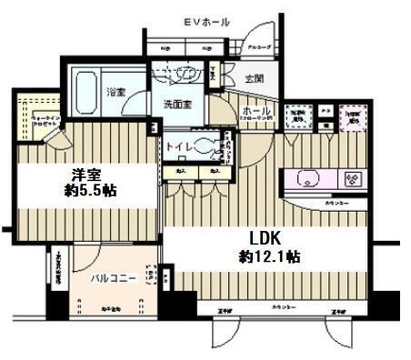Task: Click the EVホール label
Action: (x=206, y=21)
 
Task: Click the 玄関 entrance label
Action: (x=252, y=80)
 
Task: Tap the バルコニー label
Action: (x=114, y=279)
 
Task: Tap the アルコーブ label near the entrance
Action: (x=260, y=45)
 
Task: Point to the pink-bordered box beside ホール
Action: (x=297, y=116)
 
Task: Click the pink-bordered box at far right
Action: (x=352, y=116)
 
